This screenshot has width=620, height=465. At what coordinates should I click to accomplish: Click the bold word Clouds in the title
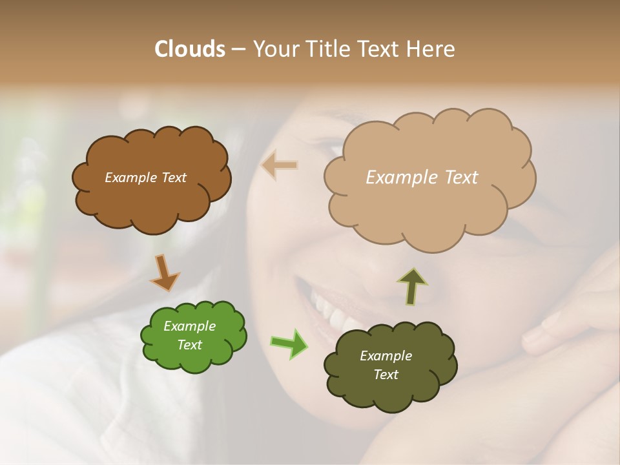[x=190, y=49]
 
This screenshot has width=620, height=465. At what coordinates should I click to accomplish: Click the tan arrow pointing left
[x=279, y=165]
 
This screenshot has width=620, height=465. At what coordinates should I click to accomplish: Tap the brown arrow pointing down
[x=165, y=273]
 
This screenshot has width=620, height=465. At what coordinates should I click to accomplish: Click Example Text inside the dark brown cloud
[x=145, y=178]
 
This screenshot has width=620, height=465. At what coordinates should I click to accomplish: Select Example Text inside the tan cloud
[x=422, y=178]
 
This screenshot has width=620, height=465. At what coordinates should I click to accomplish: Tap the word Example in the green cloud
[x=189, y=326]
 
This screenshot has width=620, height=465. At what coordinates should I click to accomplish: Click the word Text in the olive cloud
[x=386, y=375]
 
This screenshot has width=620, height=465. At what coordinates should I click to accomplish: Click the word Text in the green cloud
[x=189, y=345]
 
